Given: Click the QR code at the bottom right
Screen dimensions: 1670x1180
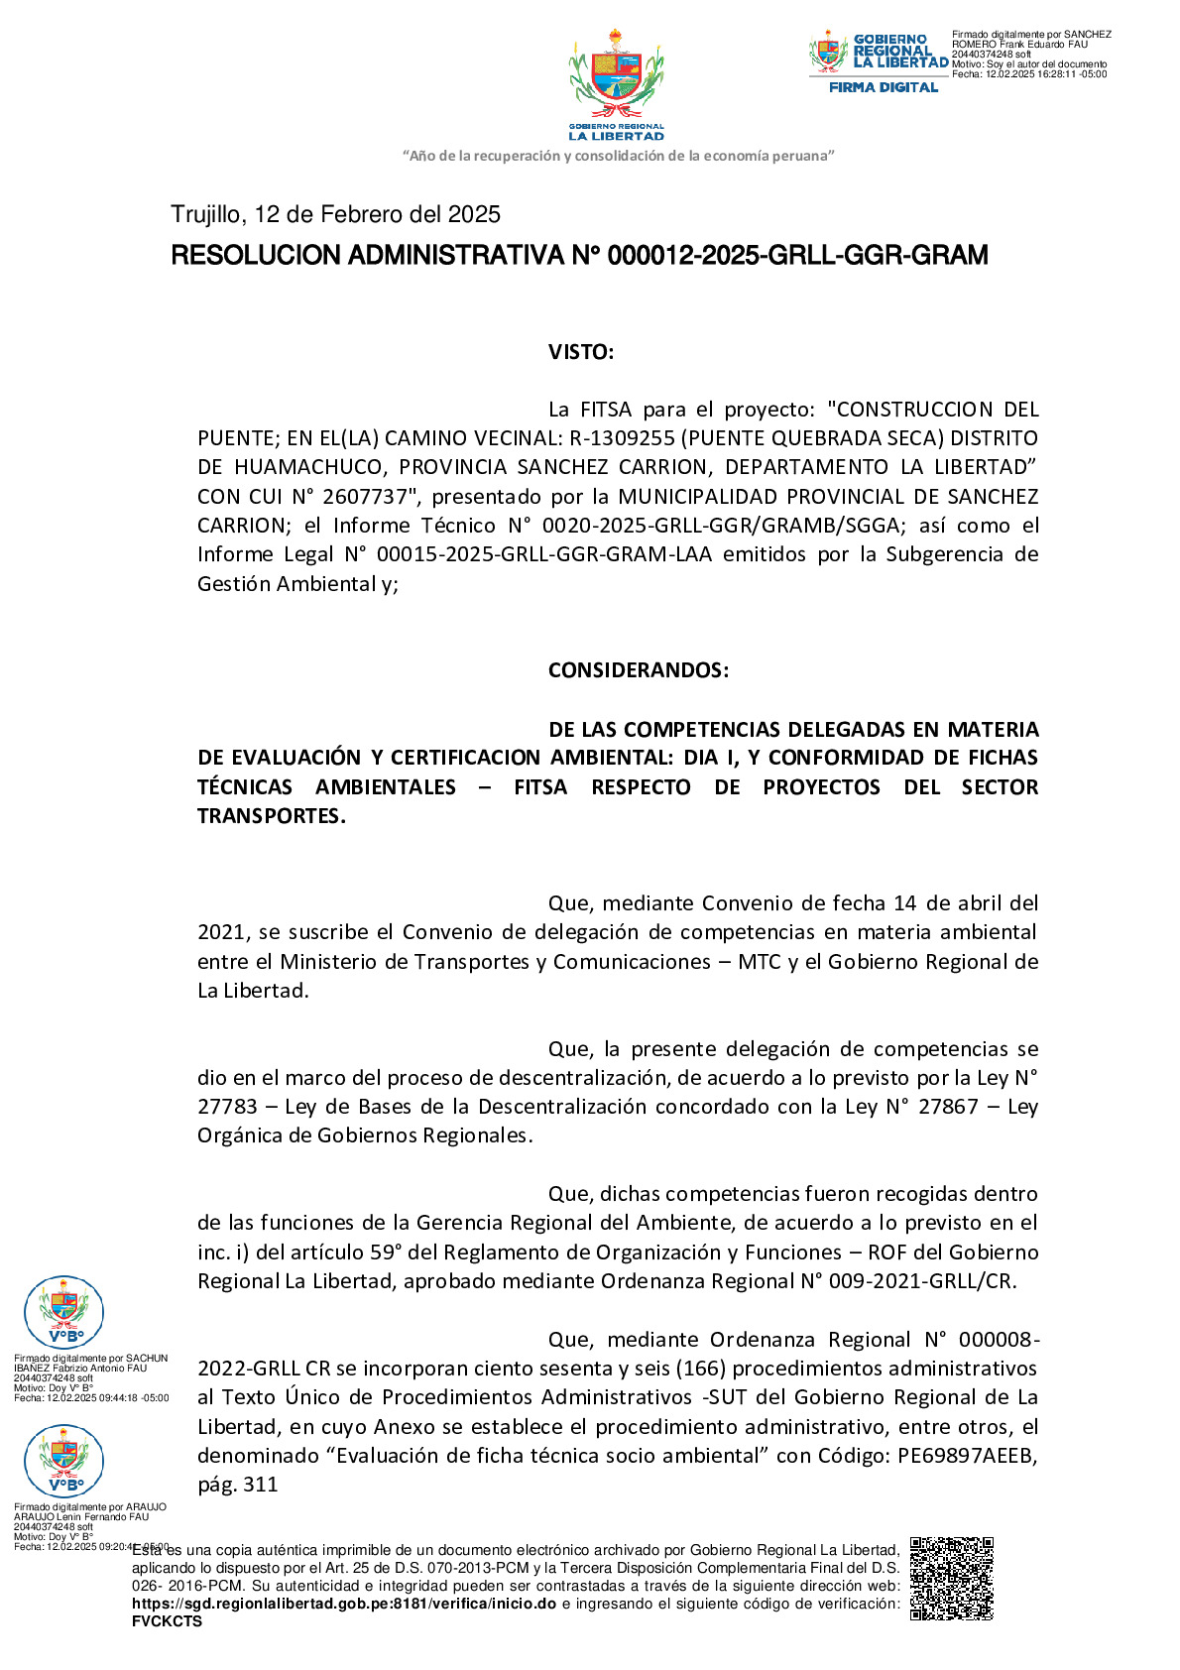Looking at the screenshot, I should point(951,1578).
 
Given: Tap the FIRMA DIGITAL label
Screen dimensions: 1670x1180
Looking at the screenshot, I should point(883,87).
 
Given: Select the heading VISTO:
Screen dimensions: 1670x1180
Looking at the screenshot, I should point(581,352).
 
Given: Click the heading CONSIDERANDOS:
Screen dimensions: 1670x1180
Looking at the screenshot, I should point(638,670).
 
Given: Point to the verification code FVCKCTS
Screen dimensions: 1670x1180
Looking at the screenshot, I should point(167,1621).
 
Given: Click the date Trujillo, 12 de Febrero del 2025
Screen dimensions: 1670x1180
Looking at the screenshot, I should point(335,214).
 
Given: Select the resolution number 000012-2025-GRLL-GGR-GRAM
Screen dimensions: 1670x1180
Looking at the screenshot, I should point(797,256).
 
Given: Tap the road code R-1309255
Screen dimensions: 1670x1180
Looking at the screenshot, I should point(622,438).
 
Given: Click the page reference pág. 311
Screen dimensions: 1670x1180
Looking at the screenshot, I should point(238,1485).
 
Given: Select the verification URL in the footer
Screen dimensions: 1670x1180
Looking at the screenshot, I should point(344,1604).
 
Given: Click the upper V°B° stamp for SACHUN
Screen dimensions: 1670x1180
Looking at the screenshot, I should point(63,1312).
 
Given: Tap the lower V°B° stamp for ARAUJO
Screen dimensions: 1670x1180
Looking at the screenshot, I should point(63,1461).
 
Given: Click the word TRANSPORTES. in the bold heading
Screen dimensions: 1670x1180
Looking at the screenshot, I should point(272,816).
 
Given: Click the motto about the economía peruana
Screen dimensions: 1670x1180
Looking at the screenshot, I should point(618,156).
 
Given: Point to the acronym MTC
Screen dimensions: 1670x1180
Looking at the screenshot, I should point(760,962).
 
